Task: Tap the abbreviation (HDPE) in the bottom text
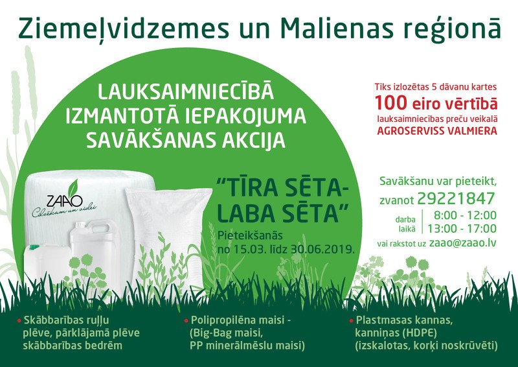423,333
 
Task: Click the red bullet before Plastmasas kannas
350,321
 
